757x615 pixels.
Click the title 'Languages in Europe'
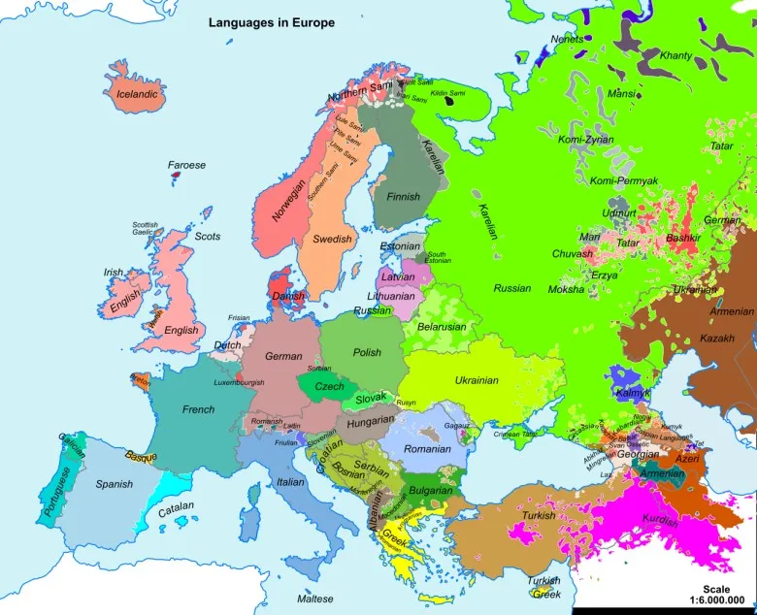point(272,22)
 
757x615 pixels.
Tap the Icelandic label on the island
point(137,94)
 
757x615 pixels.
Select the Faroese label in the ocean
point(186,165)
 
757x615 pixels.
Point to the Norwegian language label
point(289,198)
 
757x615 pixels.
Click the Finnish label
point(403,197)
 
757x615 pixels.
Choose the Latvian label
point(398,276)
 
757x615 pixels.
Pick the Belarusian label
point(443,327)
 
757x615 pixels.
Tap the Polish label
point(367,353)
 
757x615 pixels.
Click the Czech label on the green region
point(329,387)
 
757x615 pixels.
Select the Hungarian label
point(371,422)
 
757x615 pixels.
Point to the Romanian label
point(428,449)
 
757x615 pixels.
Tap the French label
point(198,409)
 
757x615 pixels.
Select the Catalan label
point(176,507)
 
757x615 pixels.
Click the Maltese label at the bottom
point(315,599)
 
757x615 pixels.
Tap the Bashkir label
point(683,237)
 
